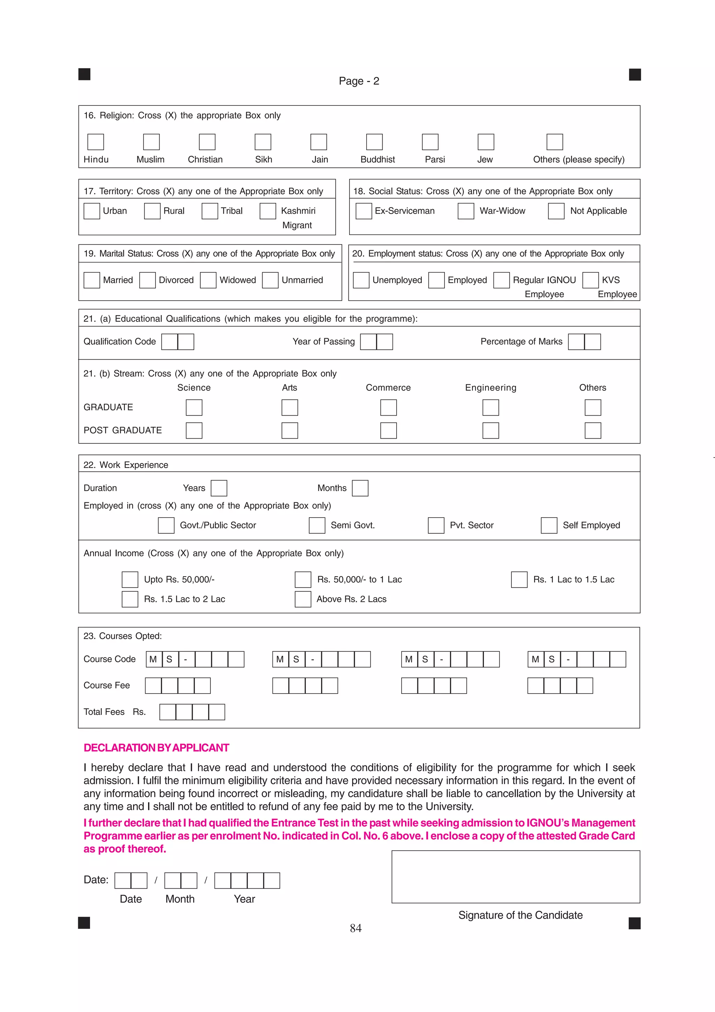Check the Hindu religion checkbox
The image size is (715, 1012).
click(96, 142)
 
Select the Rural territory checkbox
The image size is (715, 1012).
click(152, 211)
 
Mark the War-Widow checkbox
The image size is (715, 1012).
click(466, 211)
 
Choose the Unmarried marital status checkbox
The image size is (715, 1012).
click(270, 280)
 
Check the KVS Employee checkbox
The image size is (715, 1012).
click(590, 280)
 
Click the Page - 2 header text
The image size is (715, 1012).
click(359, 81)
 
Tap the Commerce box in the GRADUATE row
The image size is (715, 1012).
click(388, 408)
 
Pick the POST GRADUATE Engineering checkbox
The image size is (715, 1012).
click(490, 431)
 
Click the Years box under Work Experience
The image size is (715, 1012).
click(219, 489)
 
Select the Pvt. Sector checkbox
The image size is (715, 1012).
click(436, 526)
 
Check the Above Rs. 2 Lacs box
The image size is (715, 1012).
click(303, 600)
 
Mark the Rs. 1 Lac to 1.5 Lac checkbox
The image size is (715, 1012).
click(519, 580)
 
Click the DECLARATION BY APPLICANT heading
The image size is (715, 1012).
click(156, 748)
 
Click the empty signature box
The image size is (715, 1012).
click(515, 877)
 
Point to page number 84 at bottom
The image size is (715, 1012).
click(355, 928)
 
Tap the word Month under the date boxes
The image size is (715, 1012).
click(180, 899)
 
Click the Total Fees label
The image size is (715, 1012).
click(104, 712)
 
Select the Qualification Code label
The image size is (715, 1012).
click(119, 342)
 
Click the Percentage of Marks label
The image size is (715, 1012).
click(521, 342)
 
